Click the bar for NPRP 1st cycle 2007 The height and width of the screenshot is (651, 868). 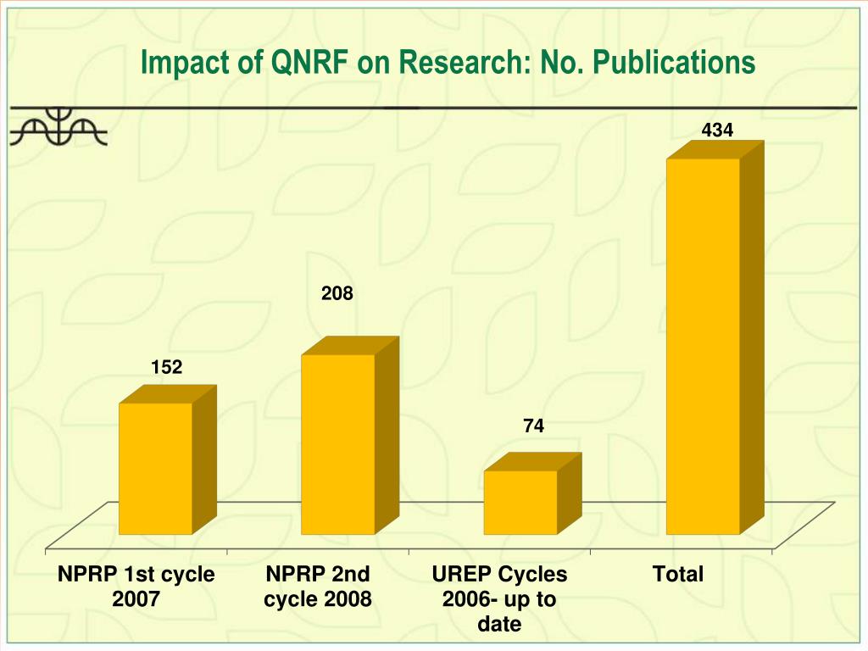pyautogui.click(x=155, y=468)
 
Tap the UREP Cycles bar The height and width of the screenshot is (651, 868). pyautogui.click(x=520, y=502)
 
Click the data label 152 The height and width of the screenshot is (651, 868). pyautogui.click(x=167, y=367)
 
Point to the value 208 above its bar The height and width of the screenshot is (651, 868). pyautogui.click(x=337, y=294)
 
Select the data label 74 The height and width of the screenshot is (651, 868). pyautogui.click(x=533, y=426)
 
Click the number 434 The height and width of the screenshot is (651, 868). pyautogui.click(x=717, y=130)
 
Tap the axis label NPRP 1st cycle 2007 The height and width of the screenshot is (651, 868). pyautogui.click(x=136, y=587)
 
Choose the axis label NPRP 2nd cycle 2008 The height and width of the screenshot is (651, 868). pyautogui.click(x=318, y=587)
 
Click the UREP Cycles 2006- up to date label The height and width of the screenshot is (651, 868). pyautogui.click(x=499, y=598)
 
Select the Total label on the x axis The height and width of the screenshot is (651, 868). pyautogui.click(x=678, y=575)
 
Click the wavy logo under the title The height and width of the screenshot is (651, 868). pyautogui.click(x=58, y=127)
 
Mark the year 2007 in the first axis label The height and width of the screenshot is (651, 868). pyautogui.click(x=136, y=599)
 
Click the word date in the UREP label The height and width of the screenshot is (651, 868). pyautogui.click(x=499, y=625)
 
